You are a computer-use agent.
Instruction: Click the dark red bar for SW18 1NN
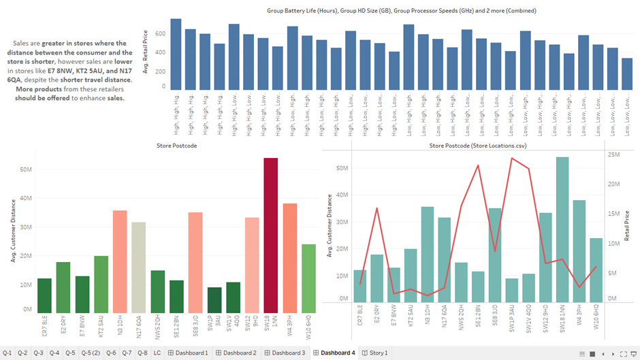tap(270, 235)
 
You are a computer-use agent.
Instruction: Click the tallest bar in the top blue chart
tap(176, 54)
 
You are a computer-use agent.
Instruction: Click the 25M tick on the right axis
tap(613, 155)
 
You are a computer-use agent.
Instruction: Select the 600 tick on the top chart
tap(161, 33)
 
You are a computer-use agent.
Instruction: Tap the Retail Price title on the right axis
tap(627, 227)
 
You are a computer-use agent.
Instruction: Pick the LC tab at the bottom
tap(157, 353)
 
